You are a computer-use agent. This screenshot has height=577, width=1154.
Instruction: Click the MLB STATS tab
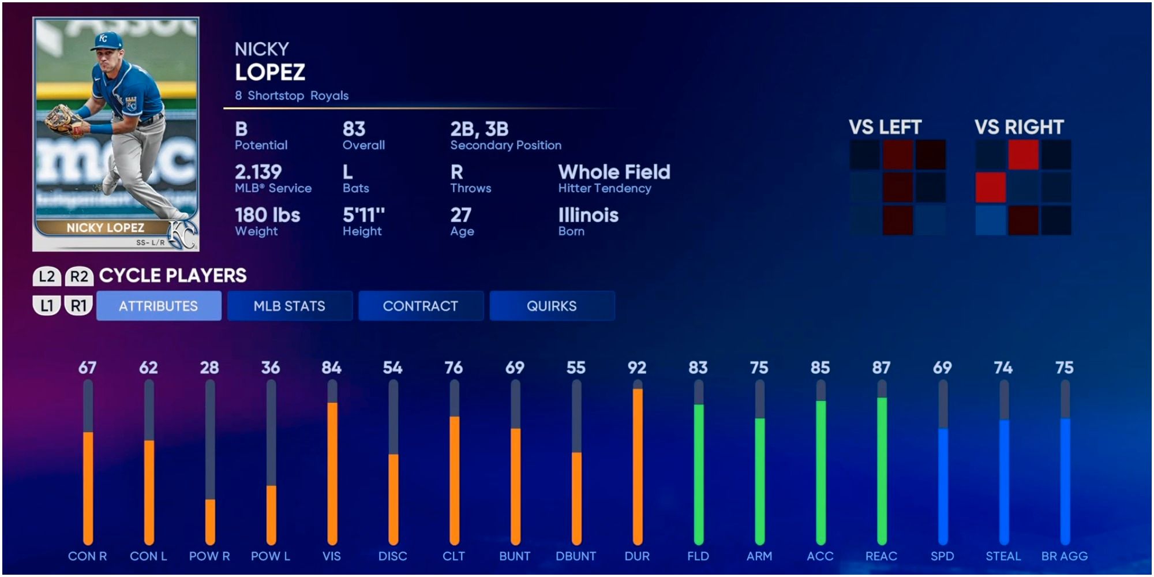[x=289, y=306]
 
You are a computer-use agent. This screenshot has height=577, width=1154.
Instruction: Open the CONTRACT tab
[x=420, y=306]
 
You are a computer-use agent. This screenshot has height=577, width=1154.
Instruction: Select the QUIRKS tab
[x=551, y=306]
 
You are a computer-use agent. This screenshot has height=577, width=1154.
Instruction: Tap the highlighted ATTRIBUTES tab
[x=159, y=306]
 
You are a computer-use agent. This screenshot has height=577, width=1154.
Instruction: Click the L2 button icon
[x=47, y=276]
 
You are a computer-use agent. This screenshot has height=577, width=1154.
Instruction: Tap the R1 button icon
[x=78, y=305]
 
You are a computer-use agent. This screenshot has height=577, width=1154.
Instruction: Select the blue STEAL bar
[x=1003, y=482]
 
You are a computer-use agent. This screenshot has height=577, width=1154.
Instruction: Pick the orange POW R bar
[x=210, y=522]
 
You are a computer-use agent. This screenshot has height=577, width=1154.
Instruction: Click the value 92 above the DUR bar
[x=636, y=368]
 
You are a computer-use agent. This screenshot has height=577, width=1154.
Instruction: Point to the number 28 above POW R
[x=209, y=368]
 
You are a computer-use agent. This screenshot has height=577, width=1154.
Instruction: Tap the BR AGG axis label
[x=1064, y=556]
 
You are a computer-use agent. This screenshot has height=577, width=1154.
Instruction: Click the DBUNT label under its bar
[x=575, y=556]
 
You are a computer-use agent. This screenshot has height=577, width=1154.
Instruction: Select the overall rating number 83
[x=354, y=129]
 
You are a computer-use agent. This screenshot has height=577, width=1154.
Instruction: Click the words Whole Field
[x=614, y=172]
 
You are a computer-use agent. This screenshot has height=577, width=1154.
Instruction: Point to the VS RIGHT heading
[x=1019, y=127]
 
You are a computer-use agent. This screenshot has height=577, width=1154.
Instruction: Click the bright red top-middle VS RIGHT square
[x=1023, y=154]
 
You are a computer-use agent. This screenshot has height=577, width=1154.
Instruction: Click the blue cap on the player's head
[x=107, y=40]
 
